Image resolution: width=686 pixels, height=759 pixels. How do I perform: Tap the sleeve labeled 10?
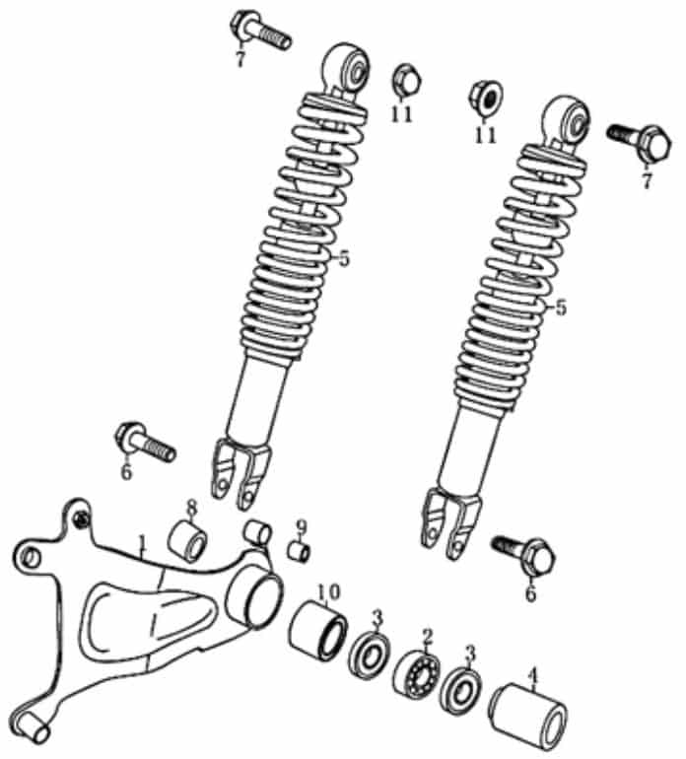click(x=318, y=631)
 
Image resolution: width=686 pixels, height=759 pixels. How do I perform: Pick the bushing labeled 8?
click(x=188, y=540)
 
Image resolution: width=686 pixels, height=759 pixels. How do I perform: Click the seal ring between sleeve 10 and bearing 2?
click(x=370, y=655)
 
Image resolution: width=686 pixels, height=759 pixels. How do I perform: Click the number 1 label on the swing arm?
click(x=141, y=544)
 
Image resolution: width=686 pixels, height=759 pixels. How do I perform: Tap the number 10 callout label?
click(x=329, y=591)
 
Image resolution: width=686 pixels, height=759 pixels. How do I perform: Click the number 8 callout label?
click(x=192, y=508)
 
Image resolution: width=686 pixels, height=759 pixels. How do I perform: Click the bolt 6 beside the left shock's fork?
click(x=145, y=442)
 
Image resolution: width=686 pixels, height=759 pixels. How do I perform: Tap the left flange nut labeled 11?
click(x=406, y=81)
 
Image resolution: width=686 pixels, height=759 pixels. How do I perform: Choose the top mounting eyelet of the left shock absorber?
click(x=346, y=69)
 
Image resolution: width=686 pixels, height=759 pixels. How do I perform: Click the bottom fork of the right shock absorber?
click(x=451, y=523)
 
